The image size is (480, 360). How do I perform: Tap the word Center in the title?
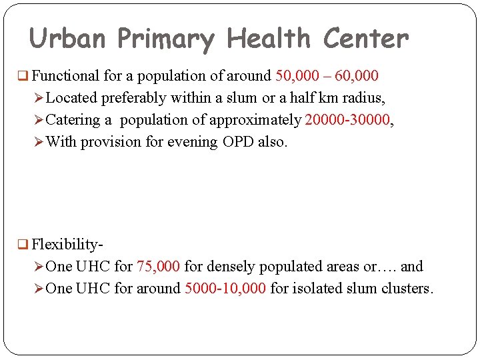point(366,39)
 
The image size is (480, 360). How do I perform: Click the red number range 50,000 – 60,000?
point(327,76)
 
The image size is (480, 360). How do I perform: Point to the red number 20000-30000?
point(346,120)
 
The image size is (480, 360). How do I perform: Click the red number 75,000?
point(158,267)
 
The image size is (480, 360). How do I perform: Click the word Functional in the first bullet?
point(64,76)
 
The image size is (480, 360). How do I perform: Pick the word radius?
point(362,98)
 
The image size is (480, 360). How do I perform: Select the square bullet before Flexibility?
point(24,245)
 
